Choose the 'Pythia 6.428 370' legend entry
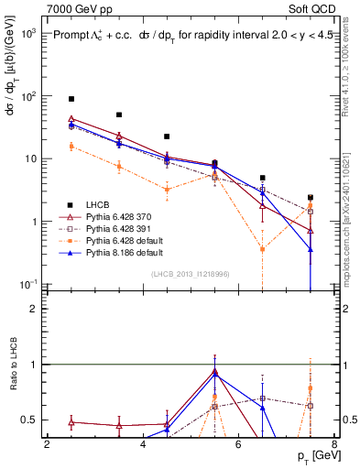(114, 217)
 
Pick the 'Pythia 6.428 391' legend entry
(114, 228)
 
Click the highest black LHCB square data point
(71, 98)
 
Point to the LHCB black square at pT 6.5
(263, 178)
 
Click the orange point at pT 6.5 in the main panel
(263, 248)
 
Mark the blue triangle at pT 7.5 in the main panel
(311, 249)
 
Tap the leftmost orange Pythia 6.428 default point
(71, 146)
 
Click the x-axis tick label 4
(143, 444)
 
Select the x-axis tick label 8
(334, 444)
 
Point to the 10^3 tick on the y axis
(30, 33)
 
